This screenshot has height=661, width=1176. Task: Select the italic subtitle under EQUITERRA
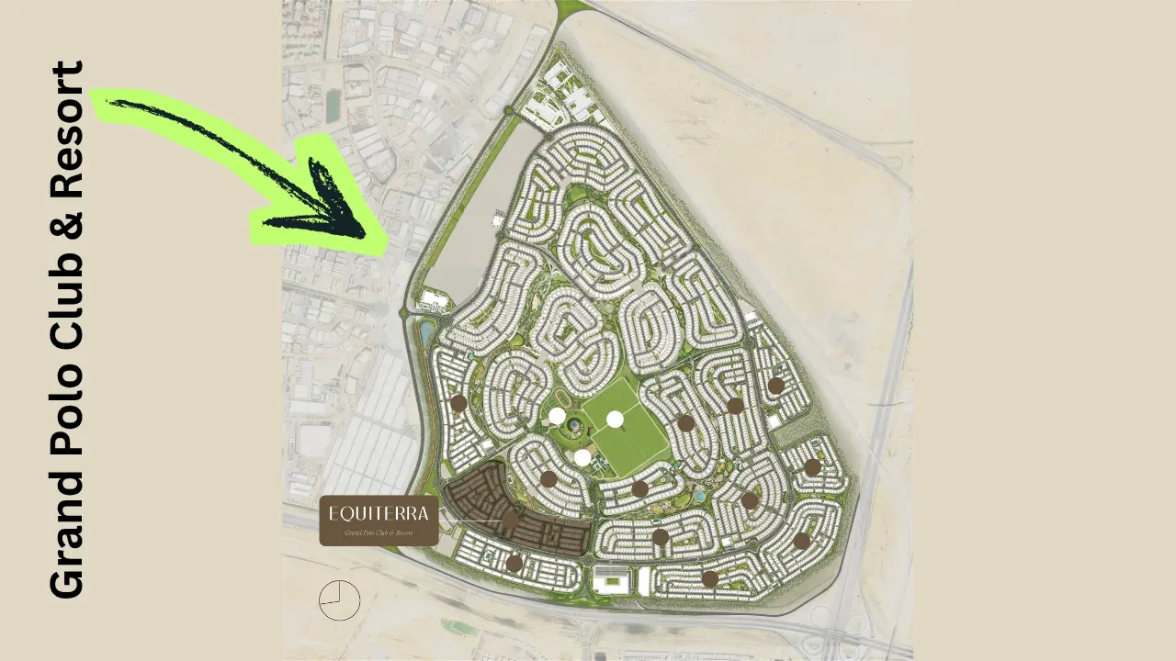pyautogui.click(x=379, y=532)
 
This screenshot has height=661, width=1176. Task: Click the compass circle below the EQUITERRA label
pyautogui.click(x=339, y=600)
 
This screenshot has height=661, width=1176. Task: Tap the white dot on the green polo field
pyautogui.click(x=615, y=420)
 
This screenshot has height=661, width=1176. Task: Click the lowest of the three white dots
pyautogui.click(x=582, y=457)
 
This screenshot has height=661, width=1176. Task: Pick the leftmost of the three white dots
pyautogui.click(x=557, y=416)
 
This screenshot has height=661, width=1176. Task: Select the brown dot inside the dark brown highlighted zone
pyautogui.click(x=510, y=520)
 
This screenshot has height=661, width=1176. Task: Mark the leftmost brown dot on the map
pyautogui.click(x=458, y=402)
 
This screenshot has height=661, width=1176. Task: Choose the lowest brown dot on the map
pyautogui.click(x=709, y=578)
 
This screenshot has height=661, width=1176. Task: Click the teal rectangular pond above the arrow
pyautogui.click(x=332, y=106)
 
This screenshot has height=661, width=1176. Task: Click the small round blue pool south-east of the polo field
pyautogui.click(x=701, y=495)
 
